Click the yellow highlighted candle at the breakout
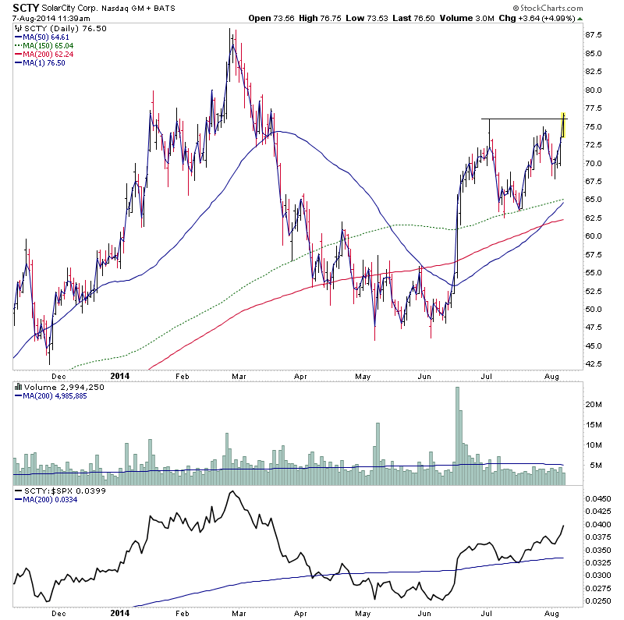(564, 126)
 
